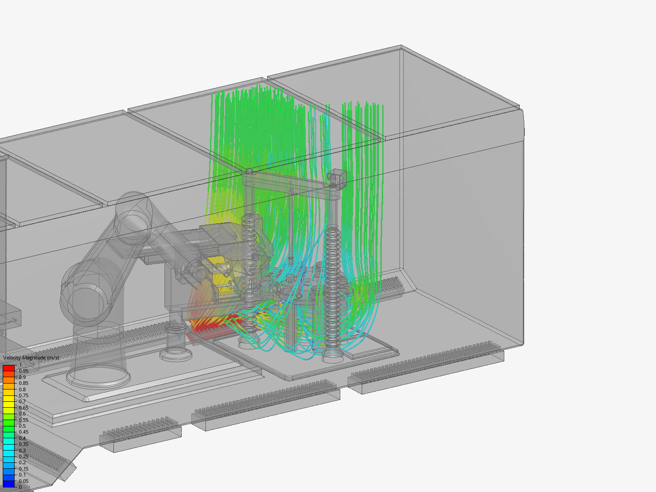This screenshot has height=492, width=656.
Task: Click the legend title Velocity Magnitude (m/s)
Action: point(31,358)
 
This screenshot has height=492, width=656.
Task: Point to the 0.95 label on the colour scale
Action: point(24,371)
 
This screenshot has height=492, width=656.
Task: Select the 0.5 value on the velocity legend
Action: point(22,426)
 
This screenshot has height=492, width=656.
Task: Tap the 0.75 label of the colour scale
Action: point(24,395)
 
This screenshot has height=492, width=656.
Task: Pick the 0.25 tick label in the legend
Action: point(24,456)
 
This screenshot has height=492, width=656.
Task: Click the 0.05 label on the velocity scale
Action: point(24,481)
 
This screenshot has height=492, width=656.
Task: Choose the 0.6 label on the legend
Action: point(22,414)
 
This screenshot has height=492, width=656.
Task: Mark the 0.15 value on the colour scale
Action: point(24,469)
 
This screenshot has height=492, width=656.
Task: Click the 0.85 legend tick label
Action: point(24,383)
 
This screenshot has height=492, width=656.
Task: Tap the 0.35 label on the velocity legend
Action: point(24,444)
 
